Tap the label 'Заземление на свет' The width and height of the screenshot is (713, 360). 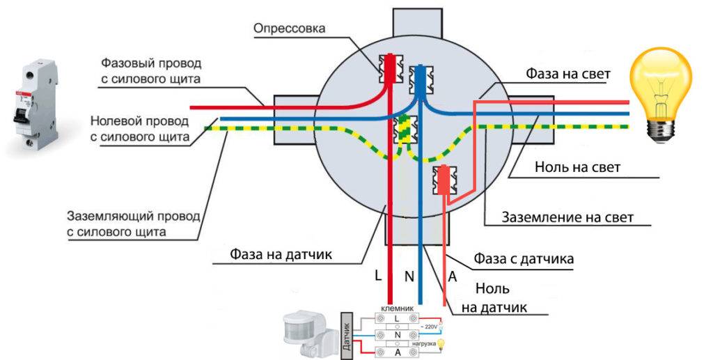pos(568,217)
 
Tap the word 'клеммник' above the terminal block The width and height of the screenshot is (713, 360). pos(398,306)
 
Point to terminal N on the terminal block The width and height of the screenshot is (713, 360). pos(397,335)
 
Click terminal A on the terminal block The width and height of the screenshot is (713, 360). pos(397,352)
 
